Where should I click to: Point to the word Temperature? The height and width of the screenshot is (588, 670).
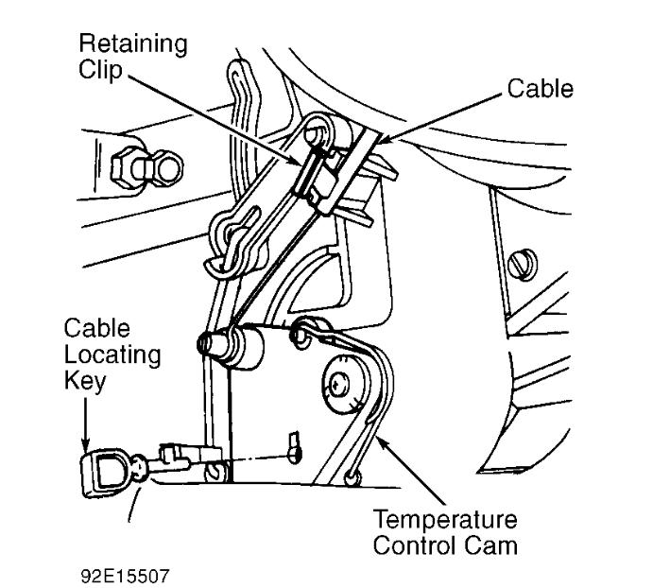tap(445, 520)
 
